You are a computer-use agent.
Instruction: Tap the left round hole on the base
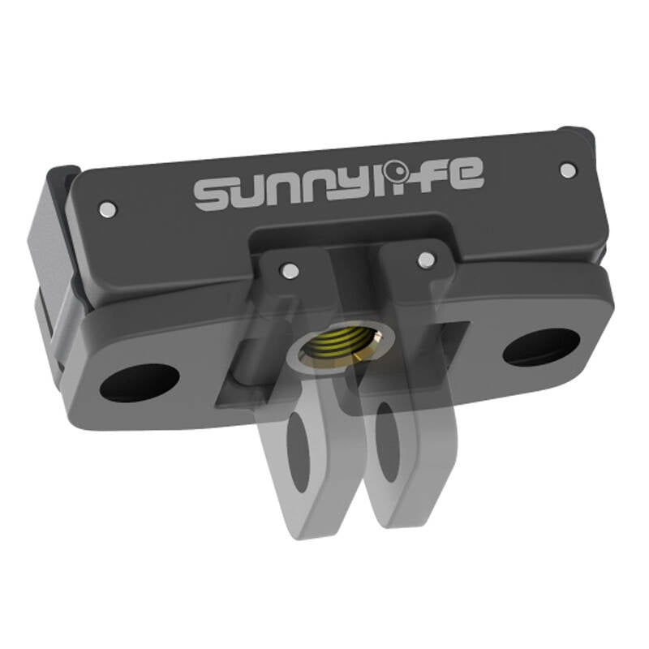tap(140, 381)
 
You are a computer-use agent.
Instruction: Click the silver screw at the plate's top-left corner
tap(105, 210)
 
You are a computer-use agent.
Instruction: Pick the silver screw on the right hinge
tap(425, 260)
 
